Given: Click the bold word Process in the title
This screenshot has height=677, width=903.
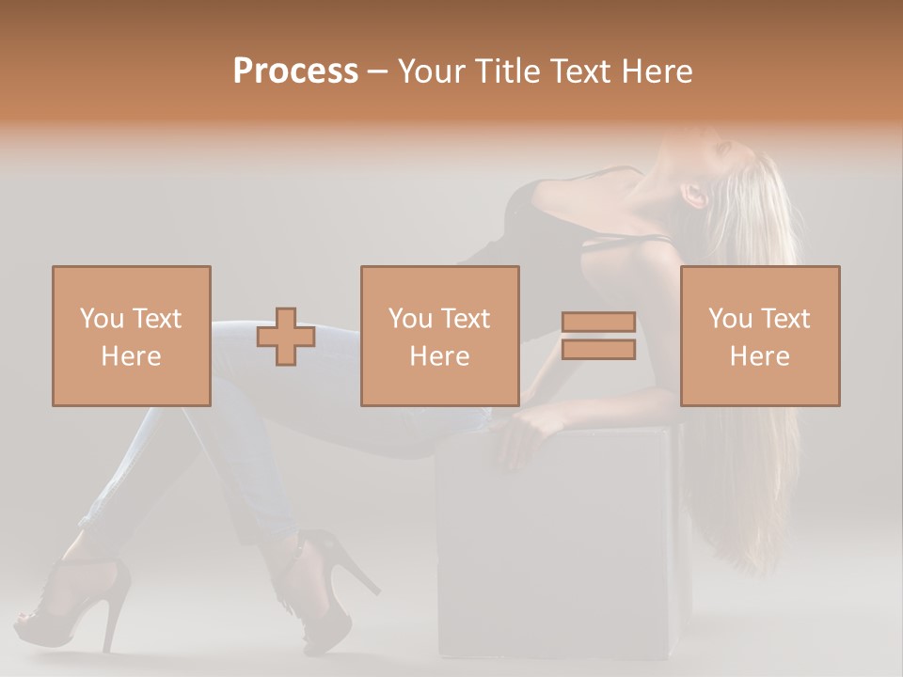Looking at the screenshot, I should pos(295,71).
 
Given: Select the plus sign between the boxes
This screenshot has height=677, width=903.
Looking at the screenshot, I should pos(286,337).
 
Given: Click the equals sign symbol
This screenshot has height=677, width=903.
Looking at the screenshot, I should pos(598,336).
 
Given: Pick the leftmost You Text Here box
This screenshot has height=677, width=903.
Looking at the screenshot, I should pos(132,336).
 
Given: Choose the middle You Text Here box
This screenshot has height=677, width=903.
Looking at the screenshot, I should pos(440,336).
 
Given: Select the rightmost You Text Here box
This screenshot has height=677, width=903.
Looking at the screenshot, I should pos(760,336).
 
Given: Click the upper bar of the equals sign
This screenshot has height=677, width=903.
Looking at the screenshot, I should pos(598,323).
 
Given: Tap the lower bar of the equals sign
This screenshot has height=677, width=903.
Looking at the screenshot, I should pos(598,350).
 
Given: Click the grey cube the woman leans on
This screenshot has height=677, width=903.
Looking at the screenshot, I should pos(555,545).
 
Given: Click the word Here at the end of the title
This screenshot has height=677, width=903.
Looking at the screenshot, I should pos(657,71).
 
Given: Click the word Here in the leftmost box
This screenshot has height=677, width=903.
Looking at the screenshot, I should pos(132,355).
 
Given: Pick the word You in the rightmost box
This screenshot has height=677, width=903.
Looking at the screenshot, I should pos(730,319).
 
